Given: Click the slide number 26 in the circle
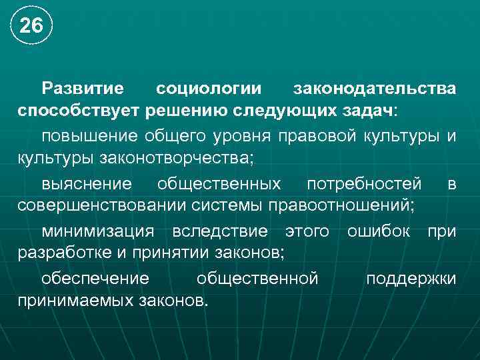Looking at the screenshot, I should coord(31,26).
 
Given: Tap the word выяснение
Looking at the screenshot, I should coord(87,183).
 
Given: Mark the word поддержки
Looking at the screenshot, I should coord(411,278).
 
